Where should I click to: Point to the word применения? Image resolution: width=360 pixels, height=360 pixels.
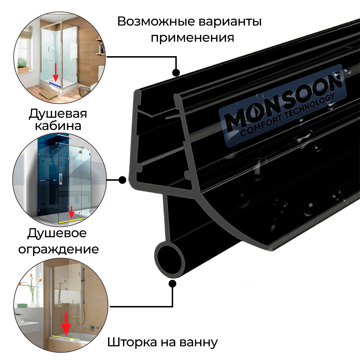[192, 37]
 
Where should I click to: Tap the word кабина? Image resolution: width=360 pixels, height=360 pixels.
[58, 126]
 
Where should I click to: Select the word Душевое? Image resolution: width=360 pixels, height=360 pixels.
[57, 233]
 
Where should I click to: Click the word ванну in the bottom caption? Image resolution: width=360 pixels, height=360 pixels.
[200, 342]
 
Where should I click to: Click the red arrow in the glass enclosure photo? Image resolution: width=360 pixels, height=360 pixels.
[72, 212]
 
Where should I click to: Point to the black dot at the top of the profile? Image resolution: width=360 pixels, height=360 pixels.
[176, 73]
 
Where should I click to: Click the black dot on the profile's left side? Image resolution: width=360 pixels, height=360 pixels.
[122, 179]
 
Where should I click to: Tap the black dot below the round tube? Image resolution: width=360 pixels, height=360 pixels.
[173, 284]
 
